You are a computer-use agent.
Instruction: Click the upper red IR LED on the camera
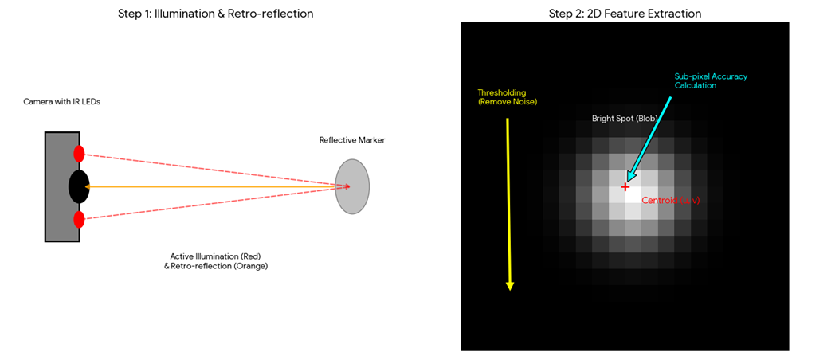79,155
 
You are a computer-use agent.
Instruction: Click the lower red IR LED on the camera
79,219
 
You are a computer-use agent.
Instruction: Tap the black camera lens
79,186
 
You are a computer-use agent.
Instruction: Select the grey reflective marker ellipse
352,186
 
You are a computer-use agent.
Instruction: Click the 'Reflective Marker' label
352,140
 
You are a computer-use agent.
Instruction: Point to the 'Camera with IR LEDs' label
62,102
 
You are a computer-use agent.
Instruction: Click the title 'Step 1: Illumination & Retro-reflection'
215,14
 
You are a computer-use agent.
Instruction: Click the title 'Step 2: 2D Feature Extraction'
624,14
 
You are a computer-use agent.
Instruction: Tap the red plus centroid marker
625,187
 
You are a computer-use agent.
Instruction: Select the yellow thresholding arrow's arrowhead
510,284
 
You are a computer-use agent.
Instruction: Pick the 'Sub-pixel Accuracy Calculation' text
711,80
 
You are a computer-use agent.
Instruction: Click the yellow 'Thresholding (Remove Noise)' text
502,97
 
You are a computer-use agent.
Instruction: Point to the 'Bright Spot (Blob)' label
625,119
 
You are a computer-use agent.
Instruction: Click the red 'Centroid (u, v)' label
671,201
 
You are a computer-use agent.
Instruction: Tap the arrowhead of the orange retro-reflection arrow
86,186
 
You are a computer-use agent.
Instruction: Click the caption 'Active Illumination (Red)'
215,256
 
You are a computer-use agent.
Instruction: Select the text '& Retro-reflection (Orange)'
215,266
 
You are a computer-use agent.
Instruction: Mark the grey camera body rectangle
56,186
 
